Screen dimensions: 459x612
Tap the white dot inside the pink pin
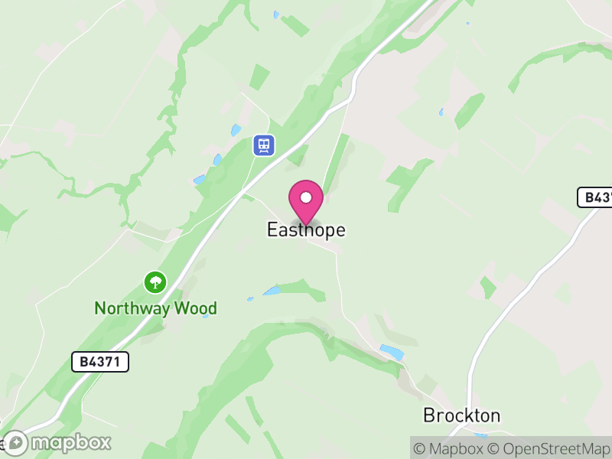[x=306, y=197]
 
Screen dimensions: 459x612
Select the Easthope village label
[x=306, y=229]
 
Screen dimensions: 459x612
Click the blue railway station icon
[x=264, y=145]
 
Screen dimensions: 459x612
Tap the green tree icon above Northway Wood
[x=155, y=282]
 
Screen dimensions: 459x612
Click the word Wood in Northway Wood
[x=196, y=308]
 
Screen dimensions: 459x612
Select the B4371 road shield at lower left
[x=100, y=362]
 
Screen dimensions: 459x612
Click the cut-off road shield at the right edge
[x=595, y=197]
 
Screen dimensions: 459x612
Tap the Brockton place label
[x=461, y=415]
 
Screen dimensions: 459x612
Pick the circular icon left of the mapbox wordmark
[x=15, y=442]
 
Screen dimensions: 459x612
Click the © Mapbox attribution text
[x=451, y=448]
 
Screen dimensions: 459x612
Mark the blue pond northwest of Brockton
[x=391, y=351]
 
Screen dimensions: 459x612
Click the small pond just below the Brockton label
[x=480, y=436]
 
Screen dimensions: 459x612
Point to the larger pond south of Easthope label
[x=272, y=291]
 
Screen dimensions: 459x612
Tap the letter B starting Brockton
[x=429, y=415]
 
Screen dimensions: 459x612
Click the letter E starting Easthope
[x=272, y=229]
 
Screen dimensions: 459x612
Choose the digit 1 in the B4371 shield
[x=116, y=362]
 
